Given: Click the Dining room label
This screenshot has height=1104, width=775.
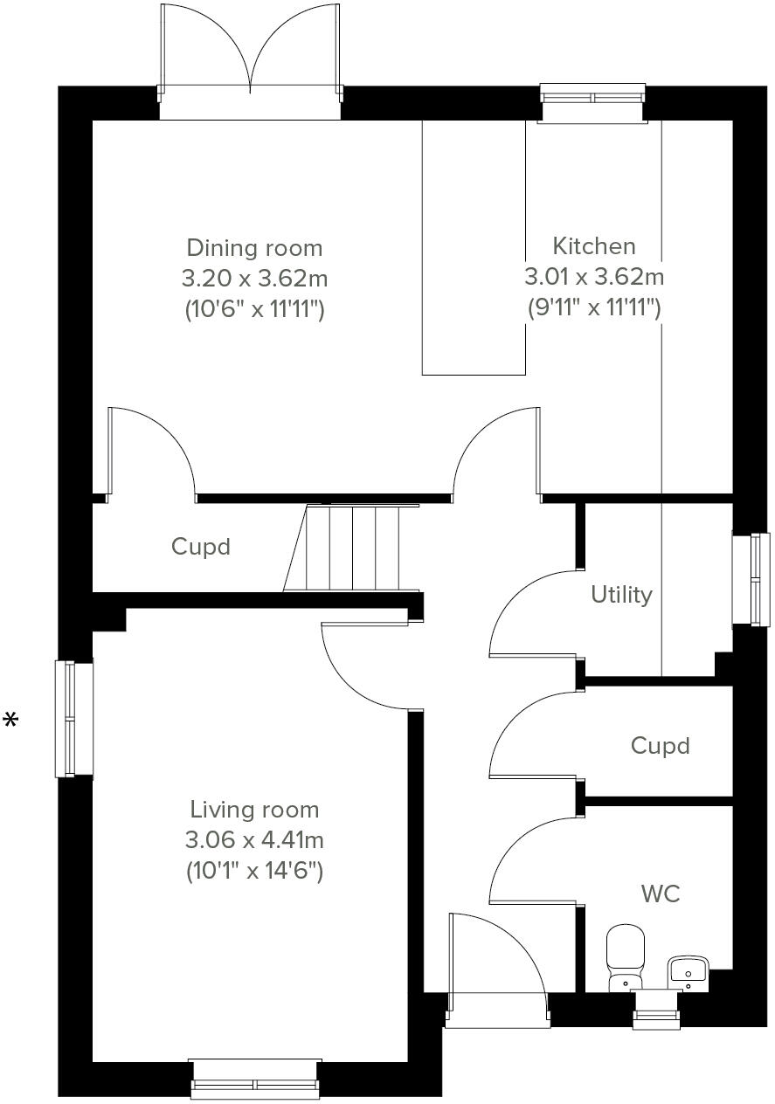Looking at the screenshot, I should point(254,248).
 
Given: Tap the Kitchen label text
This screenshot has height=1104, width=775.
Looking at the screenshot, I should point(593,245).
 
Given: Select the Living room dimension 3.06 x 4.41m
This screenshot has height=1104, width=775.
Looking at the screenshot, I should point(254,840).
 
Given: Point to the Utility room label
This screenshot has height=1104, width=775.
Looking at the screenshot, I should point(621,595).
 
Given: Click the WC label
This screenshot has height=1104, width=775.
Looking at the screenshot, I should point(660,894).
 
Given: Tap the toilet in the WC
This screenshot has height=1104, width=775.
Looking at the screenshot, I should point(625,956).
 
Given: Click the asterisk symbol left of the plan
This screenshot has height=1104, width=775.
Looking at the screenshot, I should point(11,721).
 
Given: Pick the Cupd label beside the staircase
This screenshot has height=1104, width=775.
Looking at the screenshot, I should point(201,547).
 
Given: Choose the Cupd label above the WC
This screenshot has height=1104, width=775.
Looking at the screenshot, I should point(660,746).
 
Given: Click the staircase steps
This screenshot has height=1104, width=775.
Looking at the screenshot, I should point(352,548).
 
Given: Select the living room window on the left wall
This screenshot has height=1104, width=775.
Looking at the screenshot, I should point(73,719).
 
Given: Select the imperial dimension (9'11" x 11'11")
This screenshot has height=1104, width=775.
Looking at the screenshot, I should point(593,307).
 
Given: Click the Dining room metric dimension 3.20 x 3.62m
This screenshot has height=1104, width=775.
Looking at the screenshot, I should point(254,279).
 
